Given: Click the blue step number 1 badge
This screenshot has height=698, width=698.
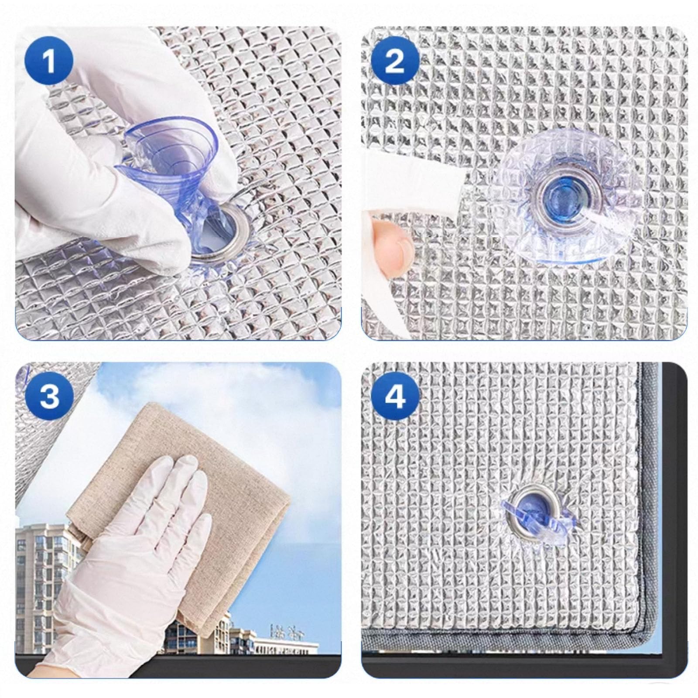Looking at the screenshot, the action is [x=49, y=61].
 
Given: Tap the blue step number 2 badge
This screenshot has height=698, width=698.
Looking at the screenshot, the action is [x=395, y=61].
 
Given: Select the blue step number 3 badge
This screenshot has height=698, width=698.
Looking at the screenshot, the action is [x=49, y=396].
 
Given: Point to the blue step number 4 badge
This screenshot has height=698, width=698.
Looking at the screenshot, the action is [x=395, y=396].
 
